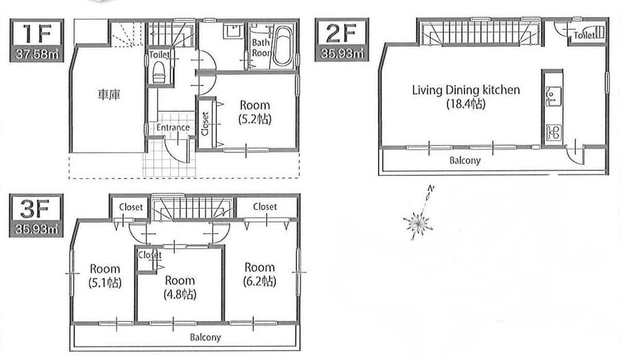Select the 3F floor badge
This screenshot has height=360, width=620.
(35, 208)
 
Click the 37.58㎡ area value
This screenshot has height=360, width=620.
(36, 55)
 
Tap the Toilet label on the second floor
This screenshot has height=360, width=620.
(585, 36)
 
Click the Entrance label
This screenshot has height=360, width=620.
(173, 128)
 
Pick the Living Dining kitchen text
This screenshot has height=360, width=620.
(466, 90)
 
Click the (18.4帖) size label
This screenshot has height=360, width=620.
(465, 104)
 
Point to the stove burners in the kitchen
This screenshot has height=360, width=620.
(552, 131)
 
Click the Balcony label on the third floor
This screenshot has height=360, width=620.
(205, 338)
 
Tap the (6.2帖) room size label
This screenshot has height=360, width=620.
(259, 281)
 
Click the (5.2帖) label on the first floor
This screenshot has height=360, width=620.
(255, 119)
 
